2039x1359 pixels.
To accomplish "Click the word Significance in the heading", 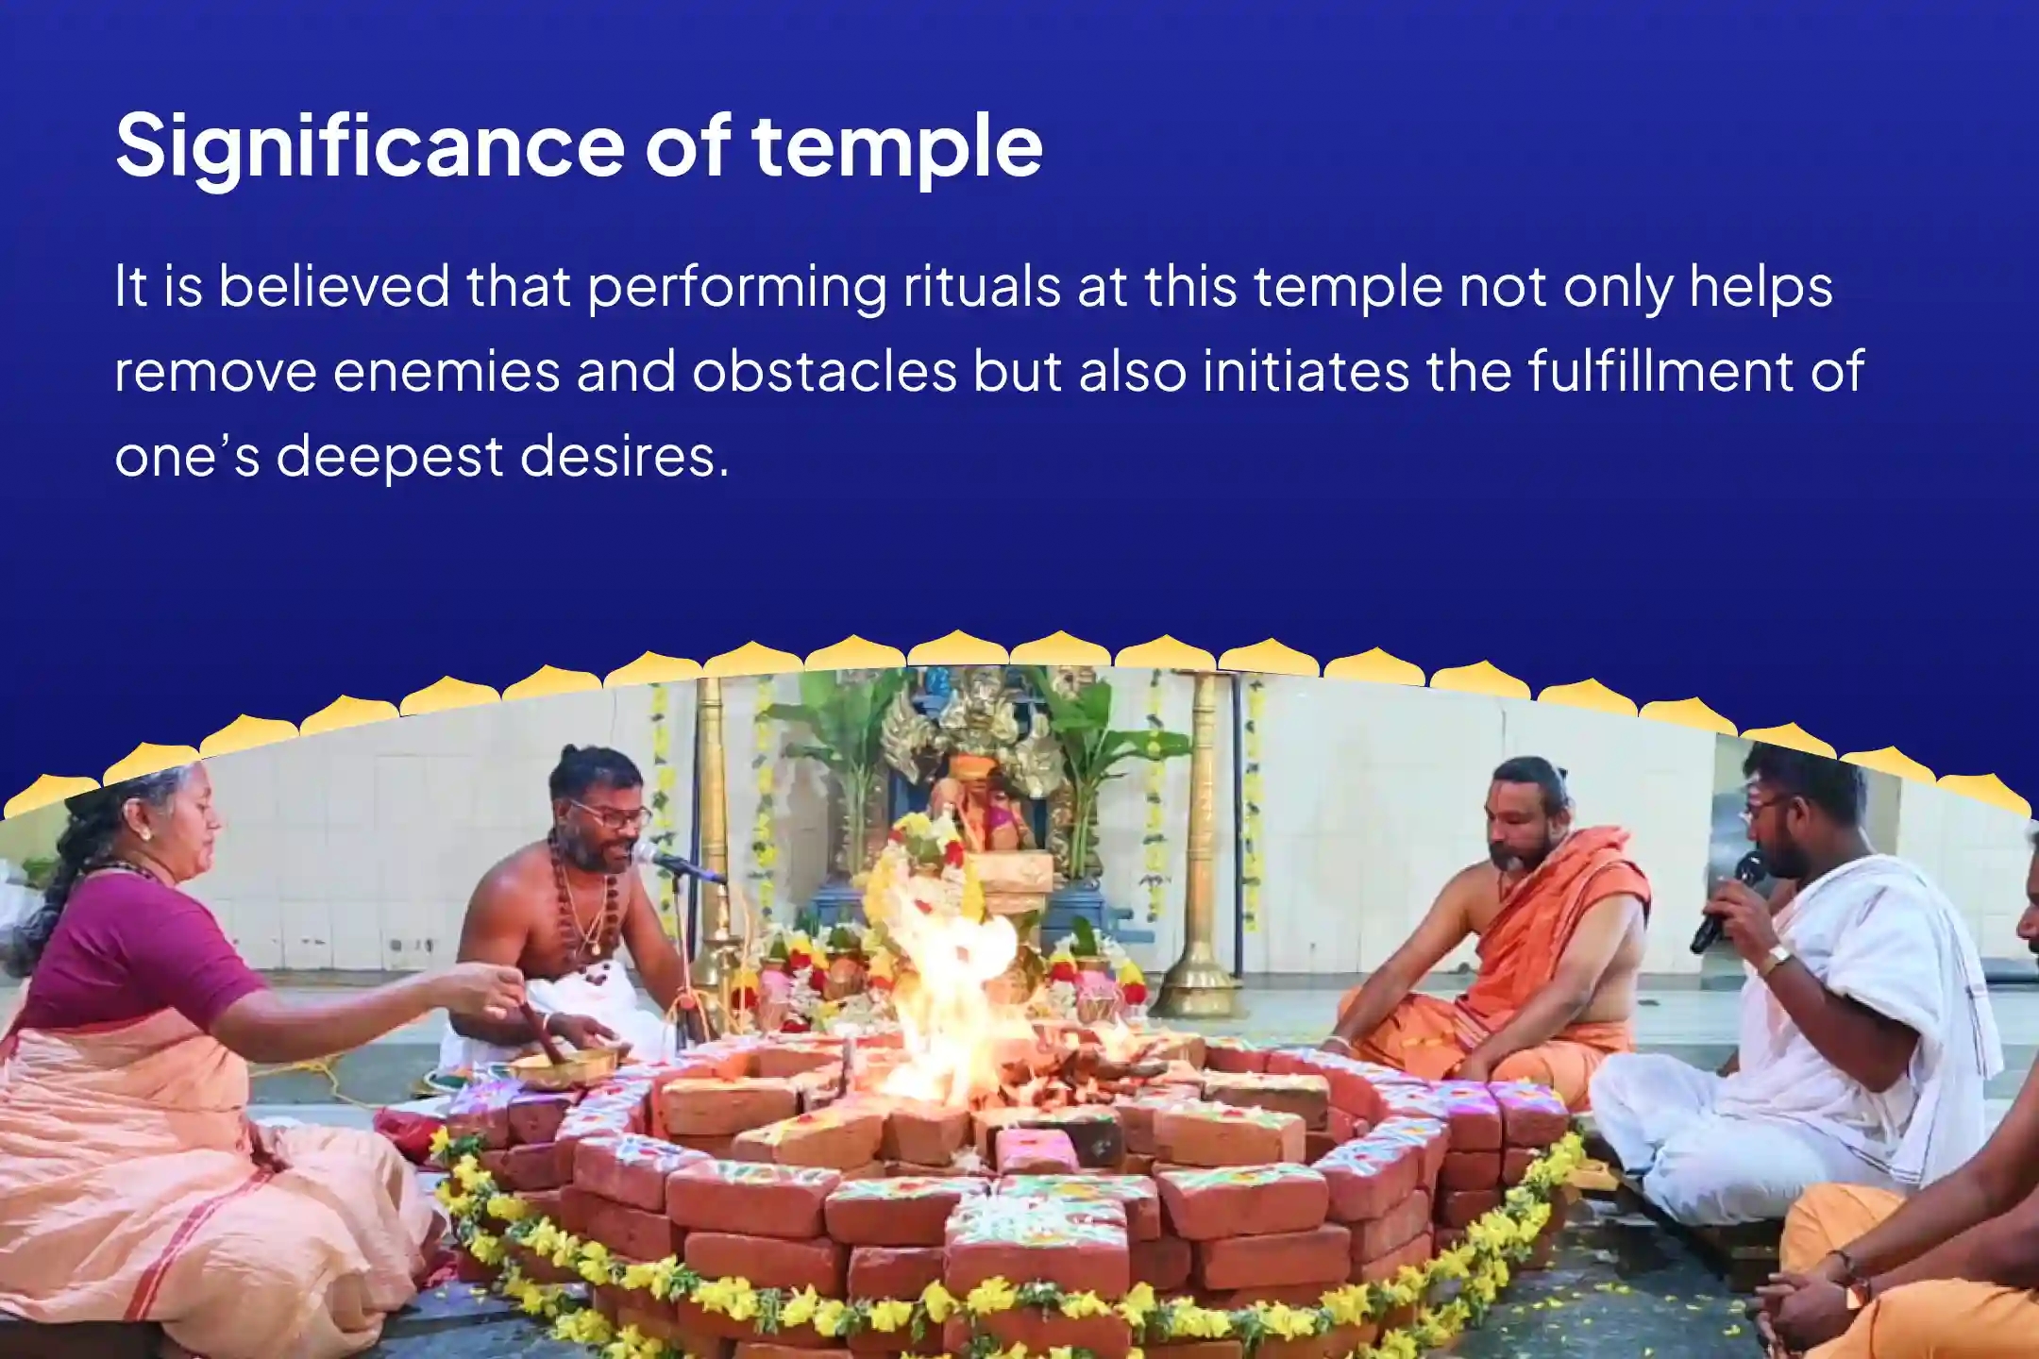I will coord(368,146).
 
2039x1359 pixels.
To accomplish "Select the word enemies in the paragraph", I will coord(447,371).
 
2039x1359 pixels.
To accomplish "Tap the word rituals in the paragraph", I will coord(982,286).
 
